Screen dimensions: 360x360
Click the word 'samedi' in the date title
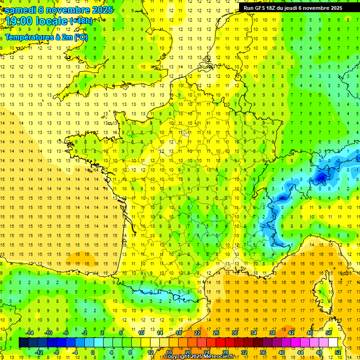coord(20,9)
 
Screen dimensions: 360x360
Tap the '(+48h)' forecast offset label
coord(81,21)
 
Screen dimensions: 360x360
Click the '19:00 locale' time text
coord(36,21)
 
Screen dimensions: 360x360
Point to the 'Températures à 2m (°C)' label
coord(46,37)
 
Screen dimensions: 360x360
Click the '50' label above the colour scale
coord(328,333)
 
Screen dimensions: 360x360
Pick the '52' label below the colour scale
coord(337,352)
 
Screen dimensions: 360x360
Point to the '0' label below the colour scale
coord(93,352)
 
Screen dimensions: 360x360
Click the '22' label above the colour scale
coord(197,333)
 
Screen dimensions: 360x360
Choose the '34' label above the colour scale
coord(253,333)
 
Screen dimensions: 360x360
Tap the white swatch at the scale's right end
coord(333,343)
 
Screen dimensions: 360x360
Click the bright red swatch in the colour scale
coord(221,343)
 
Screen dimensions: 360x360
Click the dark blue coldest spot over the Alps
coord(321,177)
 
